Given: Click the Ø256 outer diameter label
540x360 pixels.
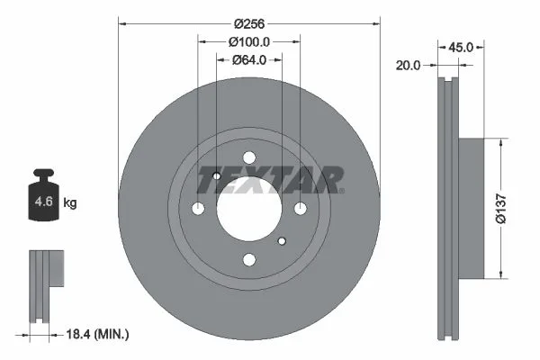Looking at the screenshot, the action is click(249, 23).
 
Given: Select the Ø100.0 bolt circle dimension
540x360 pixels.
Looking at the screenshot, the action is click(249, 42).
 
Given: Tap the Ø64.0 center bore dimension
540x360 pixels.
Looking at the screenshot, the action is click(249, 60).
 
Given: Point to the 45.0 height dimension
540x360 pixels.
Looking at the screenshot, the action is click(461, 47).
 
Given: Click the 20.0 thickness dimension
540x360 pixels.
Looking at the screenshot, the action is click(408, 65).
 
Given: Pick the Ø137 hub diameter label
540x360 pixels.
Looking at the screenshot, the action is click(501, 209).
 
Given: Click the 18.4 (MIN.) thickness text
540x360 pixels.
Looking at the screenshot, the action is click(97, 334).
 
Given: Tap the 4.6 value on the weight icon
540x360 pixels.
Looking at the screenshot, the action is click(44, 202).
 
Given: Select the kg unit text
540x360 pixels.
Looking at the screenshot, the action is click(70, 202).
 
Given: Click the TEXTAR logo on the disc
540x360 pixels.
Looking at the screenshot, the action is click(270, 180).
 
